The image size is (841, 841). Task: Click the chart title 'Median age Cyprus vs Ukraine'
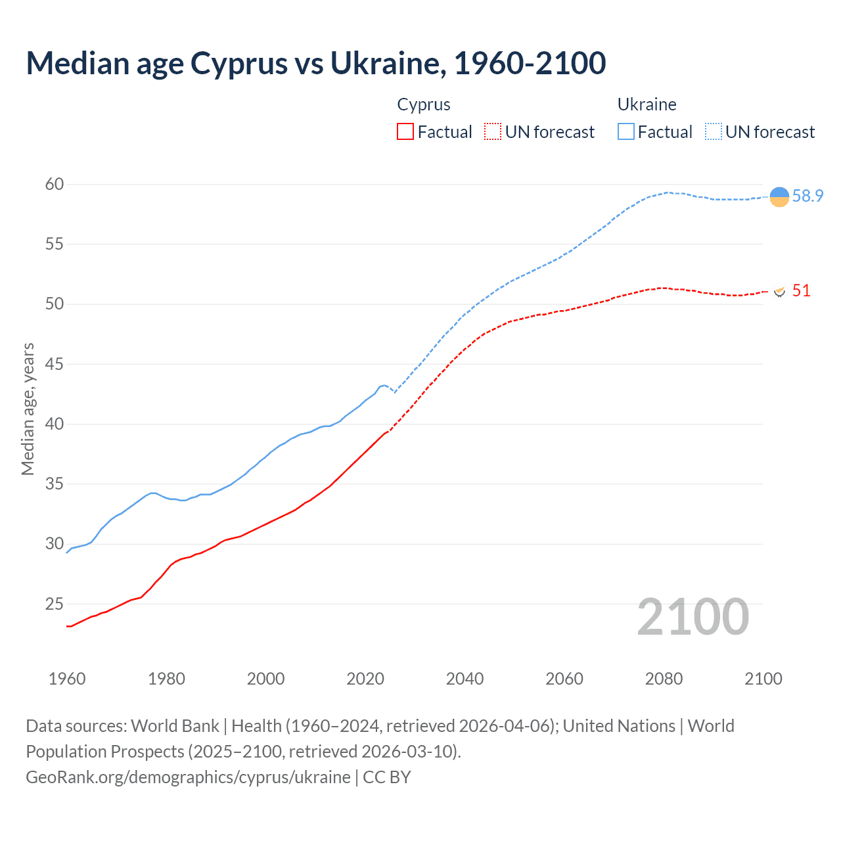(x=315, y=63)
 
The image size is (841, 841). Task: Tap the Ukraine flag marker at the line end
(x=779, y=196)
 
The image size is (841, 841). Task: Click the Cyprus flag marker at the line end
(x=779, y=291)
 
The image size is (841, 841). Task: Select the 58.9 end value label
(x=807, y=196)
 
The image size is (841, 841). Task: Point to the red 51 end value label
(x=801, y=291)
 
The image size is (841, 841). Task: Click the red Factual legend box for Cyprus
(x=405, y=132)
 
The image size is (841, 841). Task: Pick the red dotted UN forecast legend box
(x=492, y=132)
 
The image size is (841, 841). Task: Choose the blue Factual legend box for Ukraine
(x=625, y=132)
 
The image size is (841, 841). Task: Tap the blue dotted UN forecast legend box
(x=713, y=132)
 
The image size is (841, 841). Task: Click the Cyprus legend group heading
(x=424, y=104)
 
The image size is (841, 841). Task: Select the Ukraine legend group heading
(x=647, y=104)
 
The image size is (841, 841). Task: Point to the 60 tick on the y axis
(x=55, y=185)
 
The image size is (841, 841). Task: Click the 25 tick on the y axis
(x=55, y=604)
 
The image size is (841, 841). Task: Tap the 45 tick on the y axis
(x=55, y=364)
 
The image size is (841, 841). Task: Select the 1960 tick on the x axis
(x=67, y=679)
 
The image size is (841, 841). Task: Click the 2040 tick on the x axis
(x=465, y=679)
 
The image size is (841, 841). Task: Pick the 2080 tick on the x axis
(x=664, y=679)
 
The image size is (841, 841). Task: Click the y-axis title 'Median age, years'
(x=28, y=409)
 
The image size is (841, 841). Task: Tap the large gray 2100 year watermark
(x=693, y=617)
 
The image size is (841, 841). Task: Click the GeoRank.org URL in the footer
(x=188, y=777)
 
